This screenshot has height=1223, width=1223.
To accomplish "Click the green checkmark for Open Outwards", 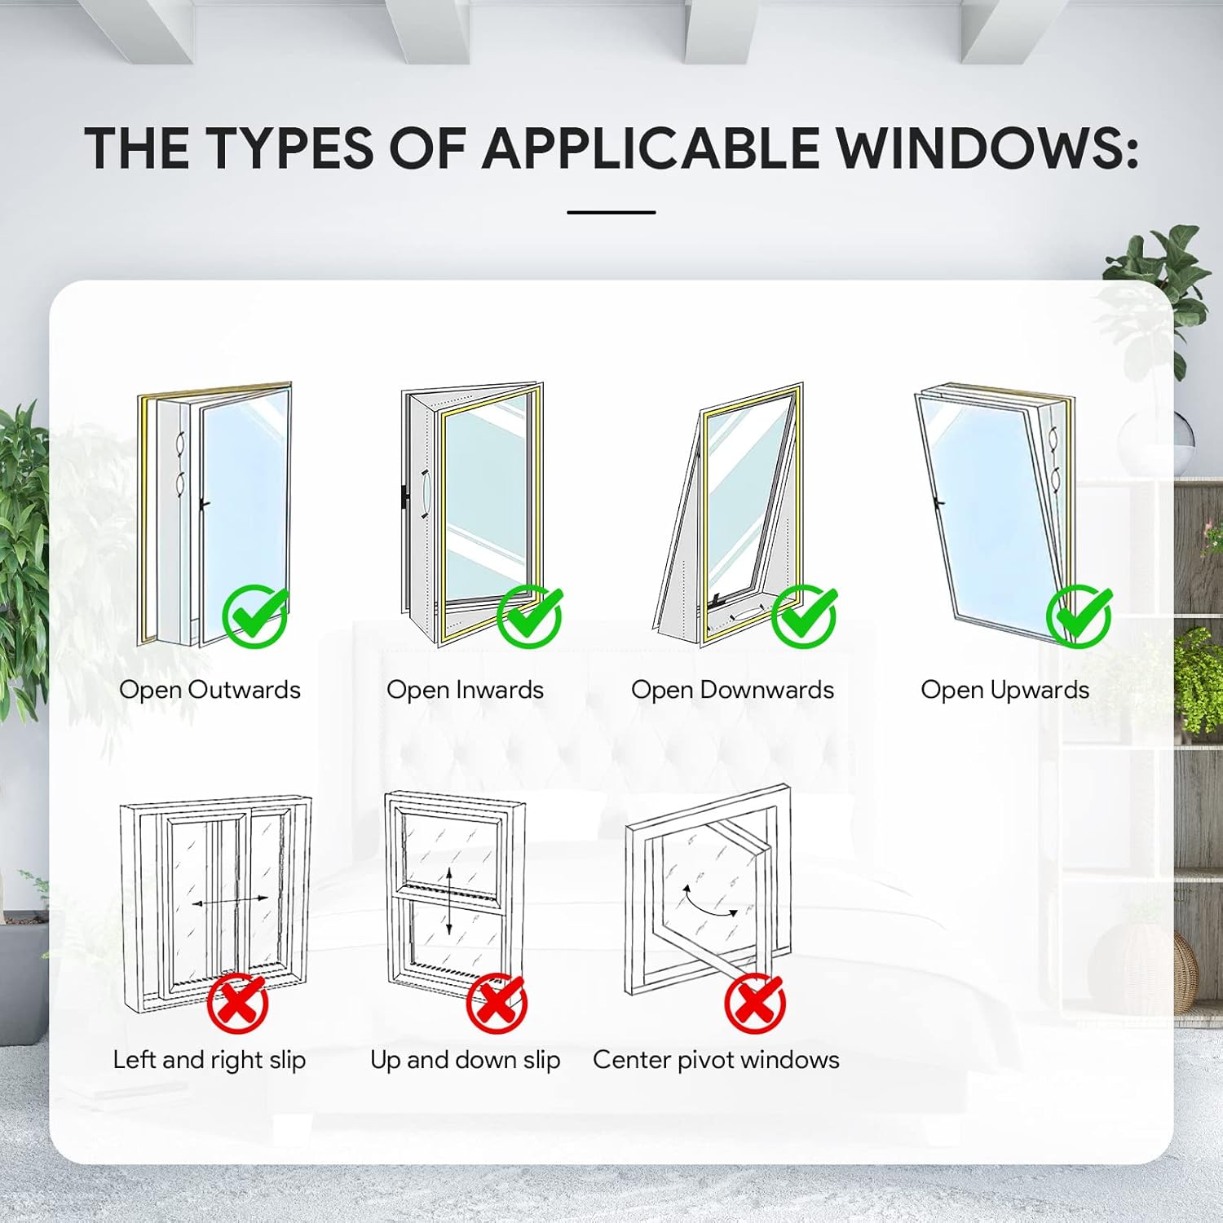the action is pyautogui.click(x=254, y=616).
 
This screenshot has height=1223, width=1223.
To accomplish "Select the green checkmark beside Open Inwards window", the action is pyautogui.click(x=529, y=616).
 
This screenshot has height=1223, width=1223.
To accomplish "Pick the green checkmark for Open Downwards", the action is pyautogui.click(x=804, y=616).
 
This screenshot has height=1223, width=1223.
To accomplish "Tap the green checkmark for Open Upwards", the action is pyautogui.click(x=1079, y=616).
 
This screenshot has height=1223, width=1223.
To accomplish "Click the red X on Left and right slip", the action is pyautogui.click(x=237, y=1003).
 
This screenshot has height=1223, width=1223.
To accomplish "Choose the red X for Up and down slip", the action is pyautogui.click(x=497, y=1003).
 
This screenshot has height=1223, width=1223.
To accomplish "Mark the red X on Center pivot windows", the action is pyautogui.click(x=755, y=1003).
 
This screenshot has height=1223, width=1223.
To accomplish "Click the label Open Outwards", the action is pyautogui.click(x=210, y=690).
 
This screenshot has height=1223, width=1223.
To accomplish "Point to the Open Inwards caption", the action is pyautogui.click(x=465, y=690).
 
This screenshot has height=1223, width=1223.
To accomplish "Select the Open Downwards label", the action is pyautogui.click(x=732, y=690).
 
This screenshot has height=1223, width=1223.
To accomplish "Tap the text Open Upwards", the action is pyautogui.click(x=1004, y=690).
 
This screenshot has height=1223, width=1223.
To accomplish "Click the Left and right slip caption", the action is pyautogui.click(x=210, y=1059).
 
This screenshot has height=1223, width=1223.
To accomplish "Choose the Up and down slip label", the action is pyautogui.click(x=465, y=1059).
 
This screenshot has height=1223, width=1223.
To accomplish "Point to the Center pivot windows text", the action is pyautogui.click(x=716, y=1059).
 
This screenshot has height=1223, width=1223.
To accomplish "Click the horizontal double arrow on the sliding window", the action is pyautogui.click(x=230, y=901).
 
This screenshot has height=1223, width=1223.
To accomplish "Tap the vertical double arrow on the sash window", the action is pyautogui.click(x=449, y=902).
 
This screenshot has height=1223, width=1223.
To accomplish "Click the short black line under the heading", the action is pyautogui.click(x=611, y=212).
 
